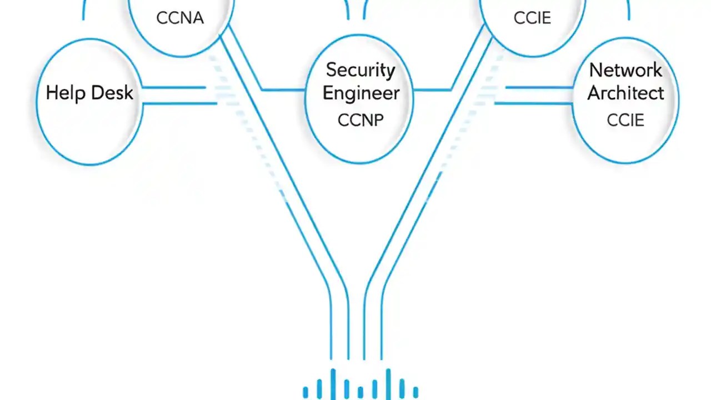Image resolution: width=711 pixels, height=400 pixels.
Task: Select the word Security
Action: point(360,71)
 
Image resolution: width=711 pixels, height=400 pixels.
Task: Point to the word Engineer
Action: point(360,93)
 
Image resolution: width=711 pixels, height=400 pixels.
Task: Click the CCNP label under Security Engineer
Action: point(360,120)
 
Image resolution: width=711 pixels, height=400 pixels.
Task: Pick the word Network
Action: point(625,71)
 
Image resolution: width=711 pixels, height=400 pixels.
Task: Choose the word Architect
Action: point(625,93)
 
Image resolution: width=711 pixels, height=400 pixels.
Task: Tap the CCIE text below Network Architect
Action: point(625,120)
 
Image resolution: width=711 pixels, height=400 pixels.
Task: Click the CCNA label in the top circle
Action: point(180,18)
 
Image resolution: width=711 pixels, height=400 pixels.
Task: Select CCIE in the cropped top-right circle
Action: point(532,18)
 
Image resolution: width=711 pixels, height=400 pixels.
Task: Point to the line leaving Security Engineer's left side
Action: point(283,89)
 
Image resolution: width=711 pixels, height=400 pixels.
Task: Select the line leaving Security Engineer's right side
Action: point(432,89)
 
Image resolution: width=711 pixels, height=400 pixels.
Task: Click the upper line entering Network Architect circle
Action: point(539,87)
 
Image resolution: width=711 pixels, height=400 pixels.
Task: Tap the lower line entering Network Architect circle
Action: point(533,103)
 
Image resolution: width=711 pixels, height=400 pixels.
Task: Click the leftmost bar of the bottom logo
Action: point(306,392)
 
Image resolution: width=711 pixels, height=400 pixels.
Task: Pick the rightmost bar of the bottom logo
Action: point(415,392)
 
